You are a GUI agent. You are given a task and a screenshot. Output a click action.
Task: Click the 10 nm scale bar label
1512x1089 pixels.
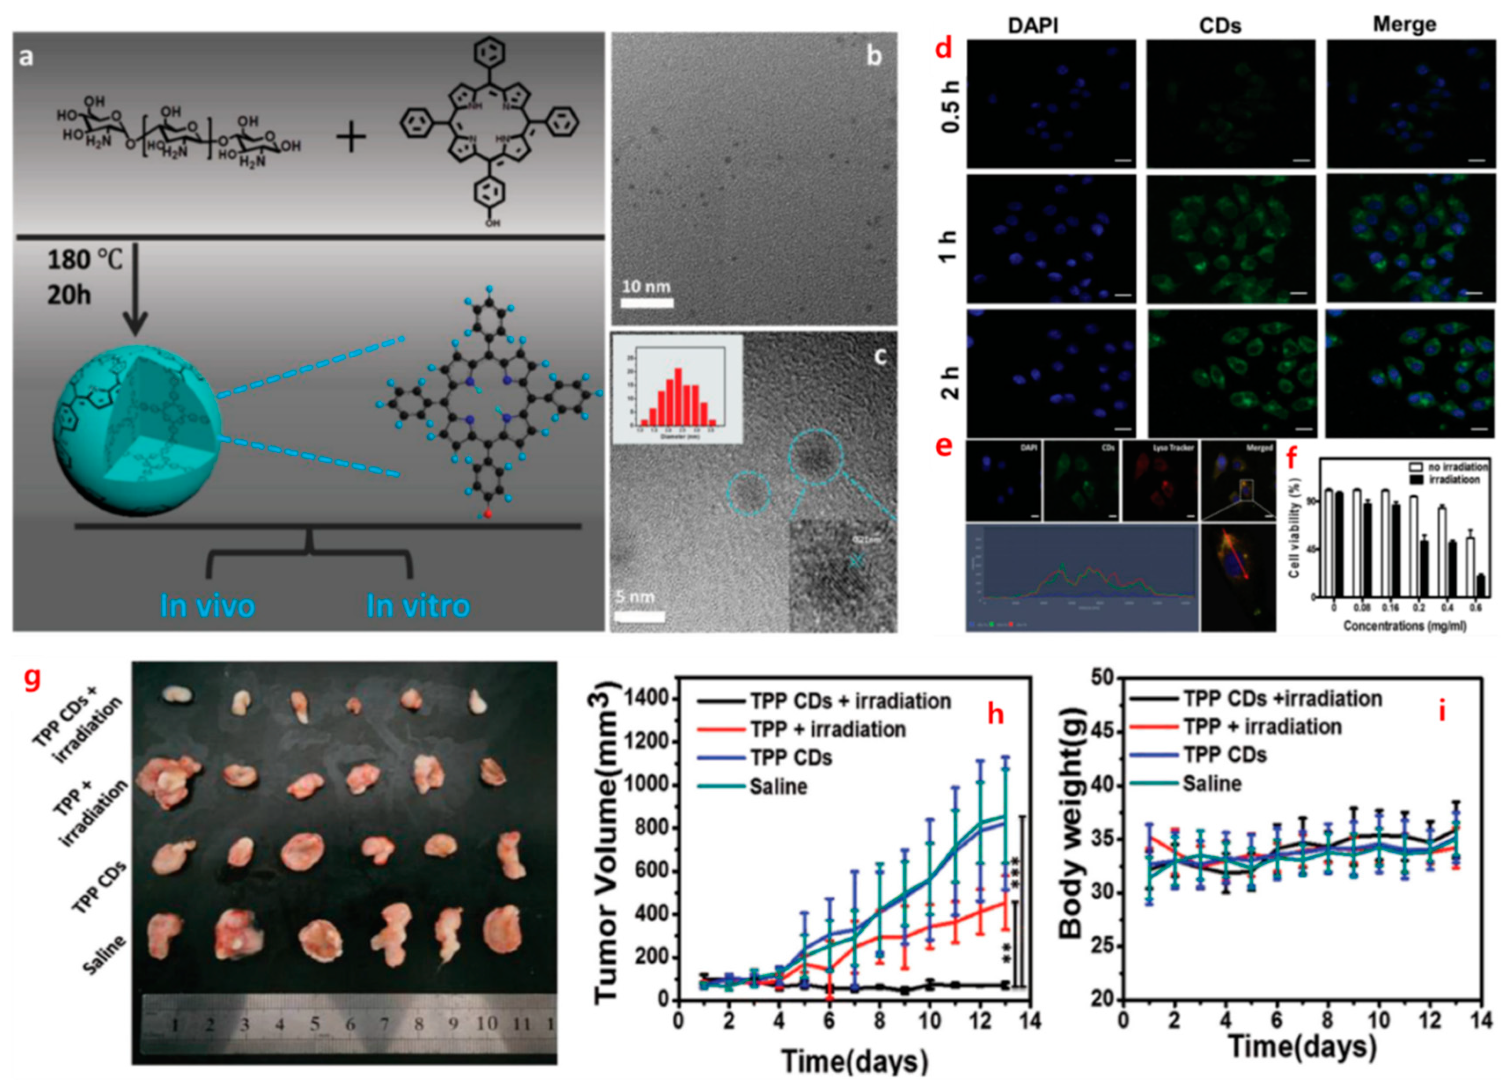click(x=645, y=286)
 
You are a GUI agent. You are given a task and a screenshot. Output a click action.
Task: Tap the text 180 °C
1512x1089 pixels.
click(x=85, y=259)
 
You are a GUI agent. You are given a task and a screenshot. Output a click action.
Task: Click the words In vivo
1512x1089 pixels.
click(x=207, y=605)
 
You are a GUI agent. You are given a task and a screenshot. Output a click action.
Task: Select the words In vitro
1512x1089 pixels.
click(x=418, y=605)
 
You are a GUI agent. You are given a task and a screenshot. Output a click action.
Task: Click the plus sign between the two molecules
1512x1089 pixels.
click(x=351, y=139)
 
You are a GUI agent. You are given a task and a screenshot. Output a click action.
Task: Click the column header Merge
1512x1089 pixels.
click(x=1404, y=25)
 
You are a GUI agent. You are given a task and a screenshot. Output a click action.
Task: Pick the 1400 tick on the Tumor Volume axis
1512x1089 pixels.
click(x=650, y=698)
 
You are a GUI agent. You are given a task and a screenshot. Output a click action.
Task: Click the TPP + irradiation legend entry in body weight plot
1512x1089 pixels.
click(x=1262, y=726)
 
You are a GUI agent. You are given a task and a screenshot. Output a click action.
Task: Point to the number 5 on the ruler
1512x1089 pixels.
click(x=315, y=1023)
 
